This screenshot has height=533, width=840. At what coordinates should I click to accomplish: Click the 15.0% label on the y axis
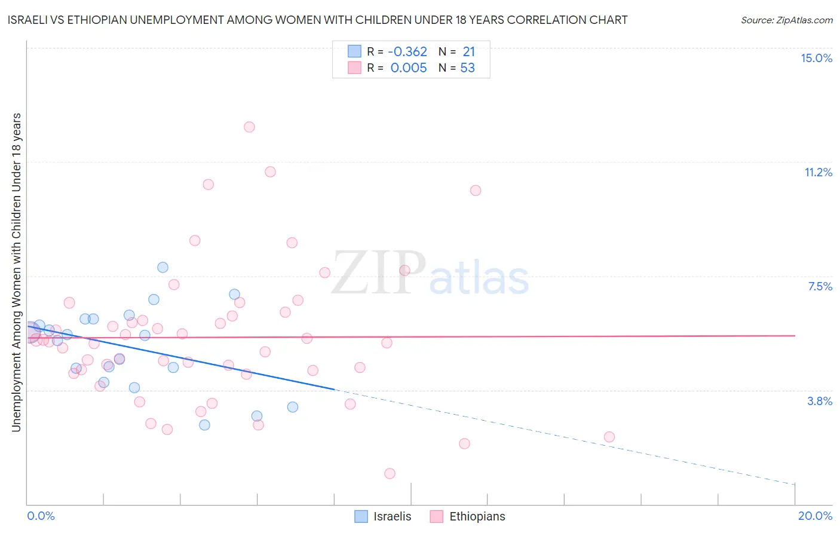tap(816, 58)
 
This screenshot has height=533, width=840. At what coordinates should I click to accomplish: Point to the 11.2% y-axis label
tap(818, 172)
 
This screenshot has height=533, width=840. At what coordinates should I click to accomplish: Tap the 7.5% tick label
tap(820, 286)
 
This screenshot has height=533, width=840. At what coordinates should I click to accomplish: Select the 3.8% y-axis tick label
tap(820, 401)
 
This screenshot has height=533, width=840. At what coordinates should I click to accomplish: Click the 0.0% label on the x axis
tap(41, 516)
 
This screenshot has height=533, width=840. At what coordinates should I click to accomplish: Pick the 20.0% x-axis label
tap(815, 516)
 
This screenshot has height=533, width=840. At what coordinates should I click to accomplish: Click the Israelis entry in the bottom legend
tap(392, 516)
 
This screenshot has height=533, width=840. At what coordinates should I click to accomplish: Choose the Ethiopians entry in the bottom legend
tap(477, 516)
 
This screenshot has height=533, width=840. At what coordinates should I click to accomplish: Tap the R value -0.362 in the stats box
tap(407, 51)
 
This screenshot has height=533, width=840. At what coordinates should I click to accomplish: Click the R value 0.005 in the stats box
tap(409, 68)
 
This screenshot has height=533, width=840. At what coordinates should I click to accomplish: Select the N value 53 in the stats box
tap(467, 68)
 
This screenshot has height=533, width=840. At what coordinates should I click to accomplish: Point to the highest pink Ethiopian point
tap(249, 127)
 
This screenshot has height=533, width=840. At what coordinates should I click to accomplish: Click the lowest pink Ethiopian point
tap(390, 473)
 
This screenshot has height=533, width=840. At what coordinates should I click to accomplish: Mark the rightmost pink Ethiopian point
tap(609, 437)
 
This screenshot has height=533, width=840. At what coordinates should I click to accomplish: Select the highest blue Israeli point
tap(163, 267)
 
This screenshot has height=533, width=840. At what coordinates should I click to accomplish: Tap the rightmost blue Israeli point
tap(292, 407)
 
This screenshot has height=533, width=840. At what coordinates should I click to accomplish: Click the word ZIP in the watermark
tap(378, 274)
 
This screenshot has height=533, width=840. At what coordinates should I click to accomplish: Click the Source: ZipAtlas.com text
tap(786, 20)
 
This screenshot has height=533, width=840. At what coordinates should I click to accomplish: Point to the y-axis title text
tap(16, 272)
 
